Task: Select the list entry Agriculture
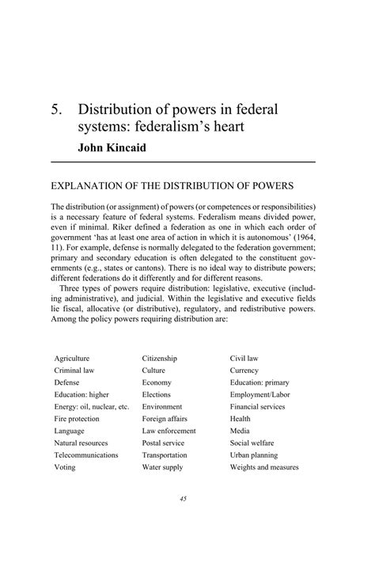[x=71, y=359]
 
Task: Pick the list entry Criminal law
[x=74, y=371]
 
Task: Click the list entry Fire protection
[x=77, y=419]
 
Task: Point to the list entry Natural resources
[x=81, y=443]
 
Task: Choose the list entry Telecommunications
[x=86, y=455]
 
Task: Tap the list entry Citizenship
[x=160, y=359]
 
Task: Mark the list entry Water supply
[x=163, y=467]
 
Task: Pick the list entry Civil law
[x=245, y=359]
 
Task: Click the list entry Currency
[x=244, y=371]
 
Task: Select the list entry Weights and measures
[x=264, y=467]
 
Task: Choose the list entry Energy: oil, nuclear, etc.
[x=91, y=407]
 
